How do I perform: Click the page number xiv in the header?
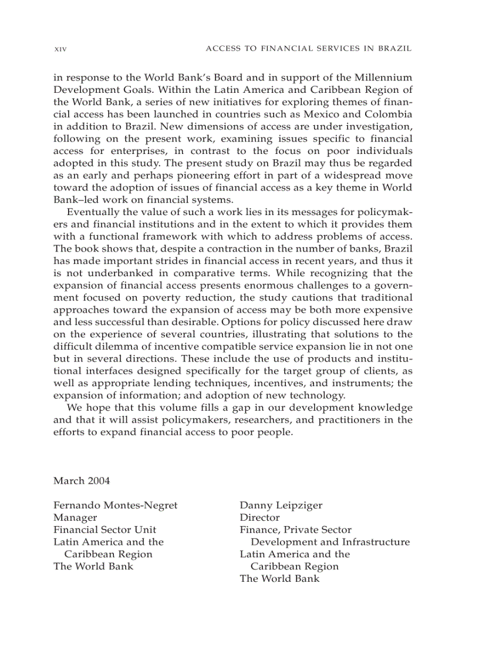pos(59,49)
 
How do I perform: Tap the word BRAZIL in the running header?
pos(396,49)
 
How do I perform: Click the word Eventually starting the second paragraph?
pos(96,213)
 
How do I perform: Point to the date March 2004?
pos(82,481)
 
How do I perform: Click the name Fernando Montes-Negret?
pos(115,505)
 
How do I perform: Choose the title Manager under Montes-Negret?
pos(75,518)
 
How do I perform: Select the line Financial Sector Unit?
pos(104,530)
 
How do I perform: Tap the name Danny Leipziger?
pos(281,505)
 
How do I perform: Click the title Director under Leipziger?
pos(259,518)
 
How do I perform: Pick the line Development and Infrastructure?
pos(330,542)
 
